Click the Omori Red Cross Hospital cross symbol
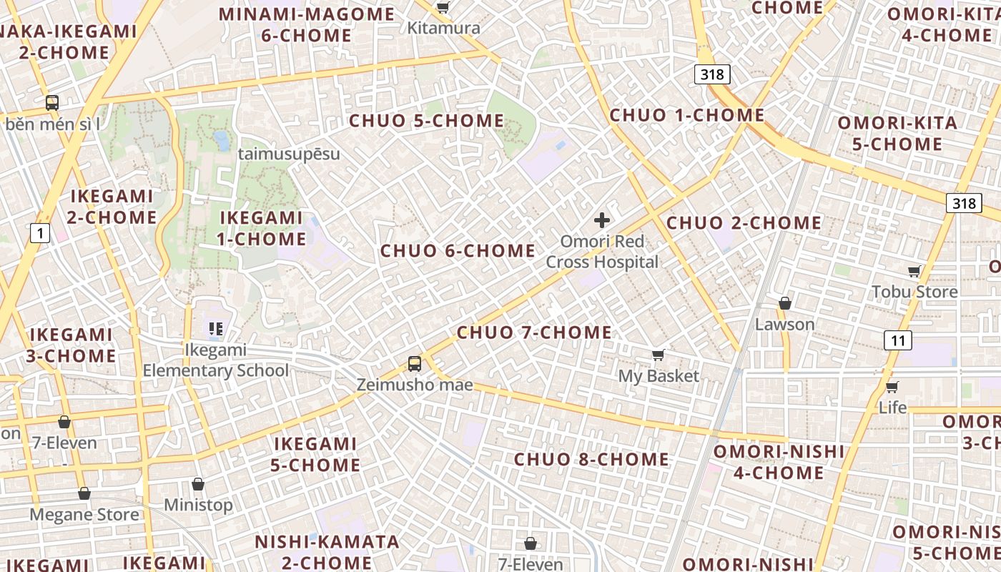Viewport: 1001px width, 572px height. [602, 220]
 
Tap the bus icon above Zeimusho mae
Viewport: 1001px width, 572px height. [415, 363]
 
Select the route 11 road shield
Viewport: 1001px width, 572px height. [897, 340]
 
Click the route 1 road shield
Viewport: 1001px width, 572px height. [40, 232]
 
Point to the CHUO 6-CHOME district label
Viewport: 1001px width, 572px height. [458, 251]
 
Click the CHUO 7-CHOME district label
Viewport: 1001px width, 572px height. [534, 332]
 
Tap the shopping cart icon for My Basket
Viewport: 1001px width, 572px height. [659, 355]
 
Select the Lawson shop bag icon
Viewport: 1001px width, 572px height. [785, 303]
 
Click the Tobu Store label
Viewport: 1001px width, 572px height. [914, 292]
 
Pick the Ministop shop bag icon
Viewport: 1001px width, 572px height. [198, 484]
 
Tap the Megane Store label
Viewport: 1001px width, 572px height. [84, 515]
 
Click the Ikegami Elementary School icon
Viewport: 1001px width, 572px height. [216, 329]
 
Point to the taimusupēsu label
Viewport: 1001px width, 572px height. [289, 154]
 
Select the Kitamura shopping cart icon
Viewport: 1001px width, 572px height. [443, 8]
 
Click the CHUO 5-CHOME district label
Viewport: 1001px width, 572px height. [427, 121]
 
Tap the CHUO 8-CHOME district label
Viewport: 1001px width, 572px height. [592, 460]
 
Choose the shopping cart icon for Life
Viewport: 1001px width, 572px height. [892, 387]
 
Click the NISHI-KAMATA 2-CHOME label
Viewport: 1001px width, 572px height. [327, 552]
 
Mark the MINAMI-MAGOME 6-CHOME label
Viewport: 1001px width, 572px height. [307, 25]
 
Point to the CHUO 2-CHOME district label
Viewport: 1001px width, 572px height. [744, 223]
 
